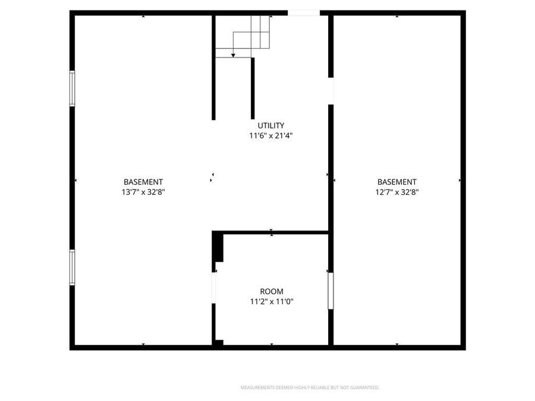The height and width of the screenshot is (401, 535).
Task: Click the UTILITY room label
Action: point(271,125)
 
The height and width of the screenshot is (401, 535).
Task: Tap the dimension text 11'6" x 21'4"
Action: point(271,135)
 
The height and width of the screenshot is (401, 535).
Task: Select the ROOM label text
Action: point(271,292)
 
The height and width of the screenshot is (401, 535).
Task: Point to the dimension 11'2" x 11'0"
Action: point(271,302)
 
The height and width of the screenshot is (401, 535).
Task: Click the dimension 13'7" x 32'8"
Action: point(143,192)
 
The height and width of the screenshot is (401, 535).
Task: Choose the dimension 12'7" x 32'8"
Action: point(397,192)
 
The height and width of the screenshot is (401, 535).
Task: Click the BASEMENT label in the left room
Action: point(143,182)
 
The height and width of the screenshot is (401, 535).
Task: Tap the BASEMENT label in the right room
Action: point(397,182)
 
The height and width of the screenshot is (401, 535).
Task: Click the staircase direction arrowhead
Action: point(233,55)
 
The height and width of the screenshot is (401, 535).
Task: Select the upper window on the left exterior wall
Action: point(73,89)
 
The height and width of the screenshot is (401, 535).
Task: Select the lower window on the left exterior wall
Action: point(73,267)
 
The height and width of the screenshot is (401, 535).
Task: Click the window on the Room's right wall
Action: point(331,291)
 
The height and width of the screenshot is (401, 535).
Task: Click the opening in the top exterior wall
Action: point(304,12)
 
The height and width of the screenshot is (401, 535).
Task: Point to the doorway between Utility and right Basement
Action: point(331,91)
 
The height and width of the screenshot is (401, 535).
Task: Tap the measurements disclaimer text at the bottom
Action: point(309,388)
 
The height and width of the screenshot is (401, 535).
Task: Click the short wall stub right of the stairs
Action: point(253,89)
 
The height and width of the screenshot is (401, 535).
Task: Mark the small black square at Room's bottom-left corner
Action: point(219,342)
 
